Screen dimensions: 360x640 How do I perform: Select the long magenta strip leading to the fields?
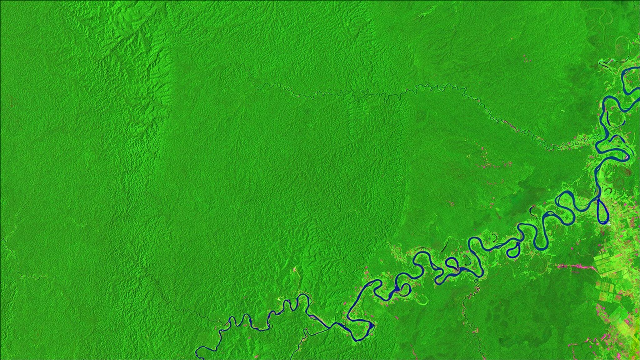575,267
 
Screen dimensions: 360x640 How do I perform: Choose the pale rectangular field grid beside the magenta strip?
606,266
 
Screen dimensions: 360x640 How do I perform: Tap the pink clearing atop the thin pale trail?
294,269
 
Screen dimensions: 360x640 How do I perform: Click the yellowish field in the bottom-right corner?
631,347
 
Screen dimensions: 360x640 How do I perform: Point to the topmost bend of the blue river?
628,69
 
